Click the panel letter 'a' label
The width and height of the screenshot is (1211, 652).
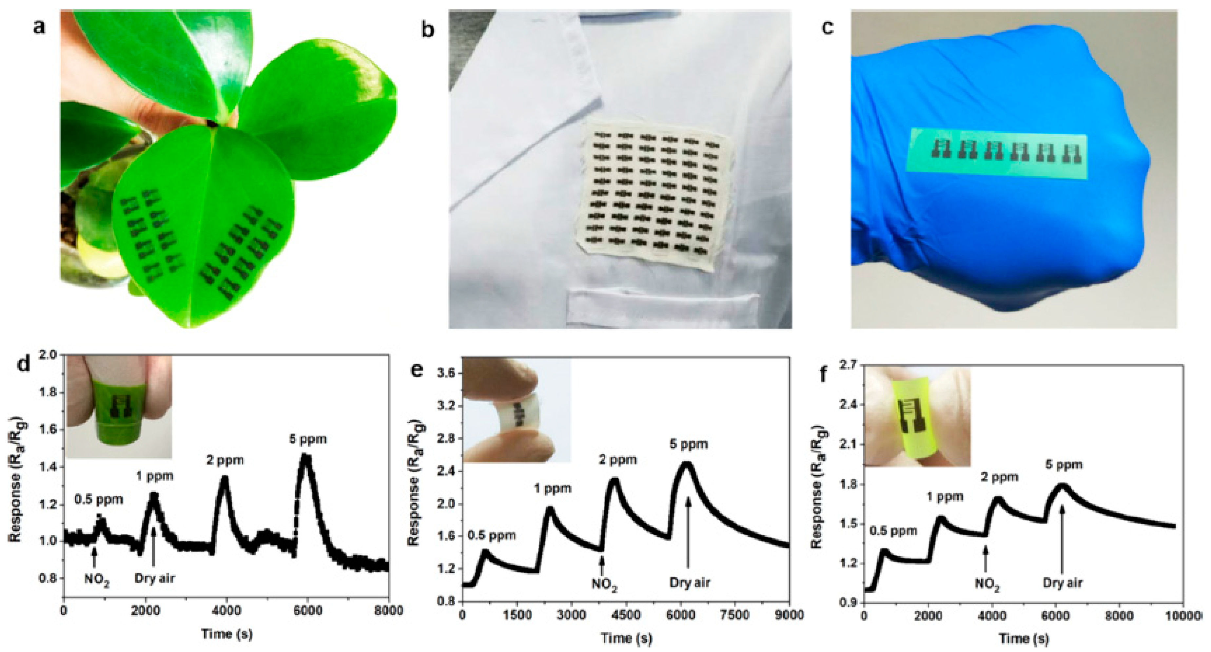(39, 27)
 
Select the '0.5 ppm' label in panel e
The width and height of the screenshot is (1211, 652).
(492, 535)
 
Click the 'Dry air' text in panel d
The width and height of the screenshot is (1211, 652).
(155, 579)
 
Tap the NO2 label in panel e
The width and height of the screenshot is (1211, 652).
(604, 585)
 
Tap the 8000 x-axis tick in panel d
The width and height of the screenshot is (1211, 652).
(388, 611)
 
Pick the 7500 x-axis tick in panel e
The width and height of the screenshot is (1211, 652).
(735, 615)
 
